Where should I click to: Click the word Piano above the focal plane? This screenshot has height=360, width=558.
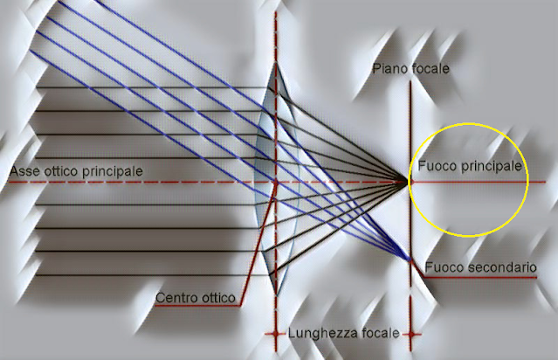tap(388, 68)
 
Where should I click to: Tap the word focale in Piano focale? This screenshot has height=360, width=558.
tap(428, 68)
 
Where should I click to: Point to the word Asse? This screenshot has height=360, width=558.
tap(24, 170)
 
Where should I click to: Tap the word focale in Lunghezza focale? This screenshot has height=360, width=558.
tap(379, 334)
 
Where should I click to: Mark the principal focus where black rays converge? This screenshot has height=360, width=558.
tap(409, 182)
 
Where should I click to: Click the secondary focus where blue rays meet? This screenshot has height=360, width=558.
tap(410, 260)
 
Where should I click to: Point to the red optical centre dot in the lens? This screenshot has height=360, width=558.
tap(276, 183)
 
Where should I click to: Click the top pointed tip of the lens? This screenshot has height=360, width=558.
tap(276, 61)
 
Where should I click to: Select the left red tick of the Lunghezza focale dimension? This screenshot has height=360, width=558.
tap(276, 335)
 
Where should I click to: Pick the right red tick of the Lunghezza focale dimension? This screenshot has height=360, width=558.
tap(410, 335)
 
